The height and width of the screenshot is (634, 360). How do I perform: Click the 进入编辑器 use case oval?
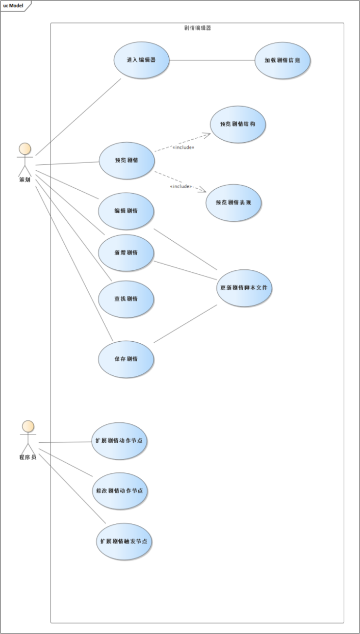(141, 60)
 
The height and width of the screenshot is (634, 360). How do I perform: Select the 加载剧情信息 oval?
(282, 60)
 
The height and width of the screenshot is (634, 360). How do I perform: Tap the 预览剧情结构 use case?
(238, 124)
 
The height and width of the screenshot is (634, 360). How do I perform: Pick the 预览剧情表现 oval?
(234, 202)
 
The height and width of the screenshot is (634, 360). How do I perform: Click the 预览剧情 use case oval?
(126, 160)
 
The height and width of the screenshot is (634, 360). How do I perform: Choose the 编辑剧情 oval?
(126, 211)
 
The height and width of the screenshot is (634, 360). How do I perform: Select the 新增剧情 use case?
(126, 252)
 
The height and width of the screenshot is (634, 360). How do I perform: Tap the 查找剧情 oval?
(126, 298)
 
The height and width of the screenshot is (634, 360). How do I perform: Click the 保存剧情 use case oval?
(126, 359)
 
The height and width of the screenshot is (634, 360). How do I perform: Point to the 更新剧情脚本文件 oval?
(244, 288)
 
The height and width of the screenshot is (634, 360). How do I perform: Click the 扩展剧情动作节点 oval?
(119, 441)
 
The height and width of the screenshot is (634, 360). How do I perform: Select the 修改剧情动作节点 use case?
(119, 491)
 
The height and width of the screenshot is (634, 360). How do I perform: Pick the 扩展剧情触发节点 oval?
(124, 541)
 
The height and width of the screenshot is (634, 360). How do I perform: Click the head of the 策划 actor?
(25, 149)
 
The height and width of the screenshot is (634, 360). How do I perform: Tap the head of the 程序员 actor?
(28, 426)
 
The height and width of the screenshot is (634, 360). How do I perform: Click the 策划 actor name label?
(25, 179)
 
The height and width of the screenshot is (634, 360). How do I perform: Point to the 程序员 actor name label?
(28, 457)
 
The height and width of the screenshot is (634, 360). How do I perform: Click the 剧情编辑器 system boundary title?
(197, 28)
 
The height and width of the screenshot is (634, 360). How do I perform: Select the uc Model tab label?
(13, 6)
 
